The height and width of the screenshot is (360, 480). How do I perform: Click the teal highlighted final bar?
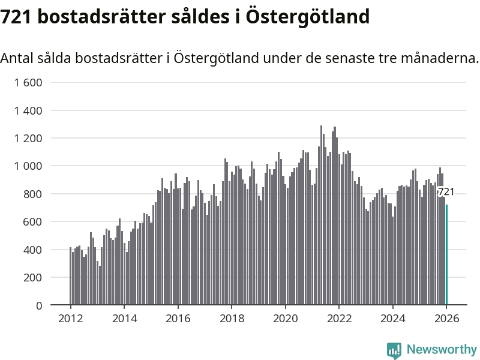446,255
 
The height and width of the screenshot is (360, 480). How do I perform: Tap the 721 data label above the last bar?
446,192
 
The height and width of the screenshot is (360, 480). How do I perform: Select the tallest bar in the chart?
321,216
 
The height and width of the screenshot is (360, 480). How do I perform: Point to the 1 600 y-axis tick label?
28,83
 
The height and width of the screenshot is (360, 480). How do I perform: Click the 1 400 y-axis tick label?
28,110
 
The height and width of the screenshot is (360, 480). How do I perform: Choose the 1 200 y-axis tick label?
28,138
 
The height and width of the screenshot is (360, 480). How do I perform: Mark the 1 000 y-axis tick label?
28,166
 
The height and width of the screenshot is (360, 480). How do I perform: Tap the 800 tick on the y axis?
32,194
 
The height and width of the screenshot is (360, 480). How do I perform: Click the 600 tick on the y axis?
32,222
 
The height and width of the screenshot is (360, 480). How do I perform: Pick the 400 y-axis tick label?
32,250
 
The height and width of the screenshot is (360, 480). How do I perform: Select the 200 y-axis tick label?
32,277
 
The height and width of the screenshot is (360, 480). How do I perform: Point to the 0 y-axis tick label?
39,305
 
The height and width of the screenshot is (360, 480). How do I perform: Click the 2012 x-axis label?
70,318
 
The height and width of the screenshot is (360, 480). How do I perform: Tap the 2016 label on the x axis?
178,318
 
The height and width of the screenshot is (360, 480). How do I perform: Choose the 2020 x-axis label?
286,318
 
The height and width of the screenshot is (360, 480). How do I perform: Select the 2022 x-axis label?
339,318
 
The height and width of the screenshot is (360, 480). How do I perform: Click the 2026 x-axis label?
447,318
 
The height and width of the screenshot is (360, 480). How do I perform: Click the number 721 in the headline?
16,17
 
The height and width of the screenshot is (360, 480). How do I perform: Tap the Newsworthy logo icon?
394,350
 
